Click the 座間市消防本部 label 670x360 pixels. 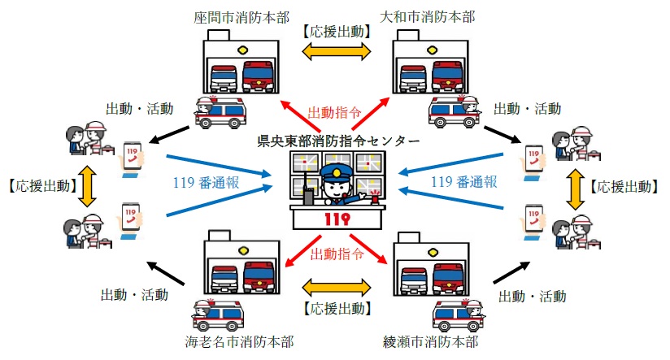(241, 15)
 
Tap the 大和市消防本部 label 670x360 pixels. (429, 15)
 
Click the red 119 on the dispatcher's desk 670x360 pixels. (336, 218)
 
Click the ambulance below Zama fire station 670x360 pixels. (220, 113)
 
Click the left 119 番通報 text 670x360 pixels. (207, 182)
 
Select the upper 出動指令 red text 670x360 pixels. (335, 111)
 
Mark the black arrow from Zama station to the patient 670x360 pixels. (172, 132)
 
